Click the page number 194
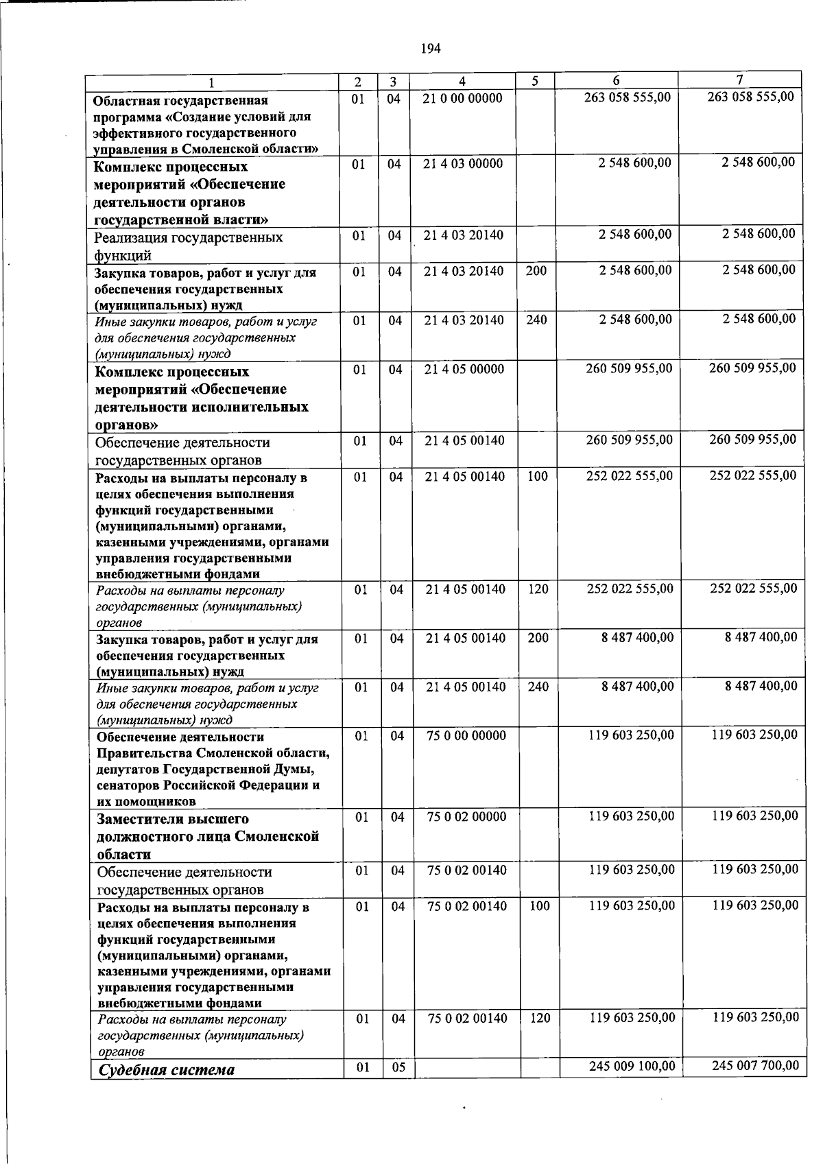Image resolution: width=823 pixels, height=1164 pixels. (x=431, y=48)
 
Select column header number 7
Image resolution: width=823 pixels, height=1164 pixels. (x=740, y=79)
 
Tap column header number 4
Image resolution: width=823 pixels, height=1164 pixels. (x=463, y=82)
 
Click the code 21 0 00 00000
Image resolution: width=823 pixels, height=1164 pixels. (x=463, y=98)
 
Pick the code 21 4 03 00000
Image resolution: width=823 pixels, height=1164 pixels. (x=463, y=163)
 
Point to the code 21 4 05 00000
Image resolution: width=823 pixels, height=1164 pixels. (x=464, y=369)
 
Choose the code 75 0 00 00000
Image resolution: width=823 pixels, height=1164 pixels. (x=466, y=736)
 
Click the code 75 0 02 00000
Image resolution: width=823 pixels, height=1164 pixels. (x=466, y=817)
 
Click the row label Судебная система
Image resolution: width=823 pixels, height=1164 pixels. (x=167, y=1070)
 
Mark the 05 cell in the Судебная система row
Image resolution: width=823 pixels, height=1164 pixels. (x=398, y=1067)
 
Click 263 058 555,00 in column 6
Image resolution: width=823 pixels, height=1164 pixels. (x=628, y=97)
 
